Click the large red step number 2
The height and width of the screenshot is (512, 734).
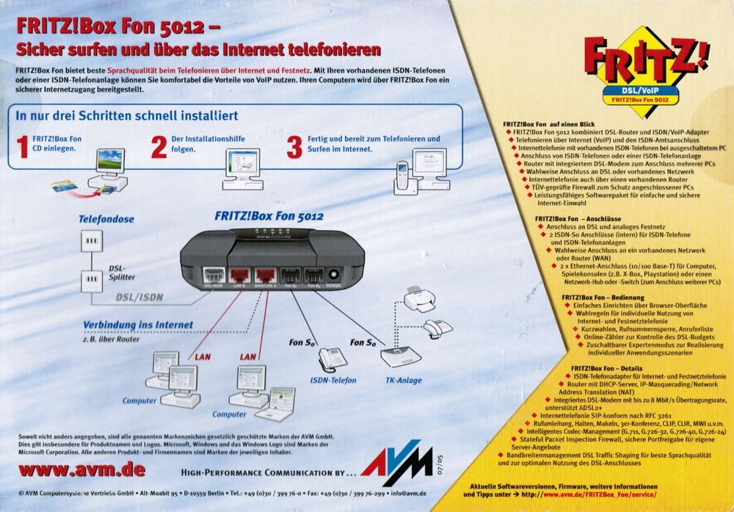pyautogui.click(x=159, y=147)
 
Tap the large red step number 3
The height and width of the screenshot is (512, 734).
pyautogui.click(x=294, y=147)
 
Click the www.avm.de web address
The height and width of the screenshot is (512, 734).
pyautogui.click(x=81, y=469)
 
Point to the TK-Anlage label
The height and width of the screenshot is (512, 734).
pyautogui.click(x=404, y=381)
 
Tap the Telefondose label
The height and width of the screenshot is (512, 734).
pyautogui.click(x=106, y=219)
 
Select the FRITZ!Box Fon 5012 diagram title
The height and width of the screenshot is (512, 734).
pyautogui.click(x=269, y=217)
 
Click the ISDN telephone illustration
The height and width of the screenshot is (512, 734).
pyautogui.click(x=333, y=358)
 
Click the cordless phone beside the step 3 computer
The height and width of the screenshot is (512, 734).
pyautogui.click(x=402, y=178)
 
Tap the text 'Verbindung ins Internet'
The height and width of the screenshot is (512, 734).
pyautogui.click(x=138, y=325)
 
